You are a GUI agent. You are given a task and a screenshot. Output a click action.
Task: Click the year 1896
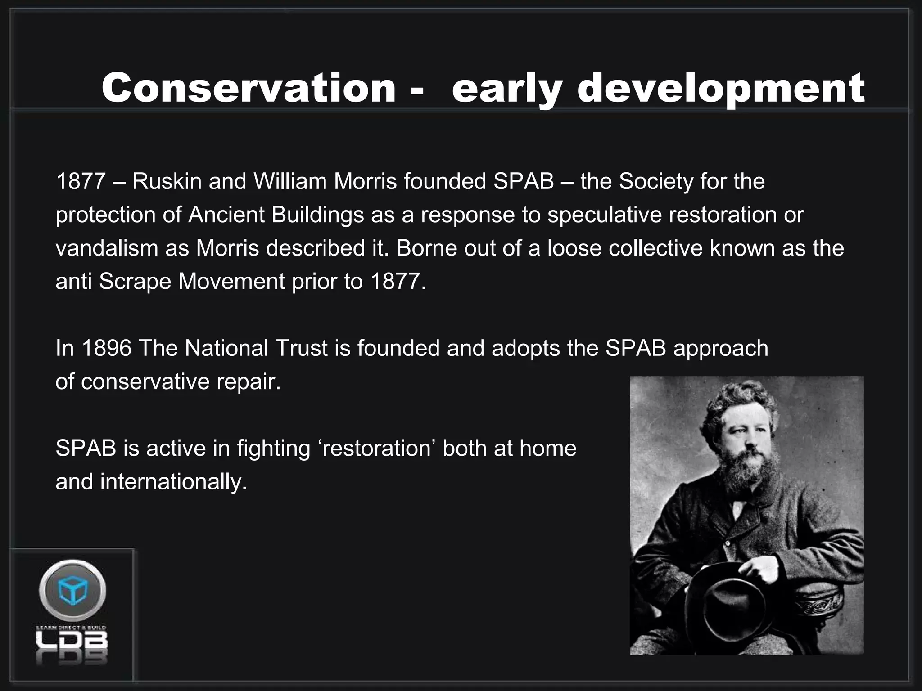107,348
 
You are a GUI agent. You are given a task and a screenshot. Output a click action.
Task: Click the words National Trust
256,348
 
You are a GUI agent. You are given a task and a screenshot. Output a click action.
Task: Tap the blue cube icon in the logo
72,590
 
